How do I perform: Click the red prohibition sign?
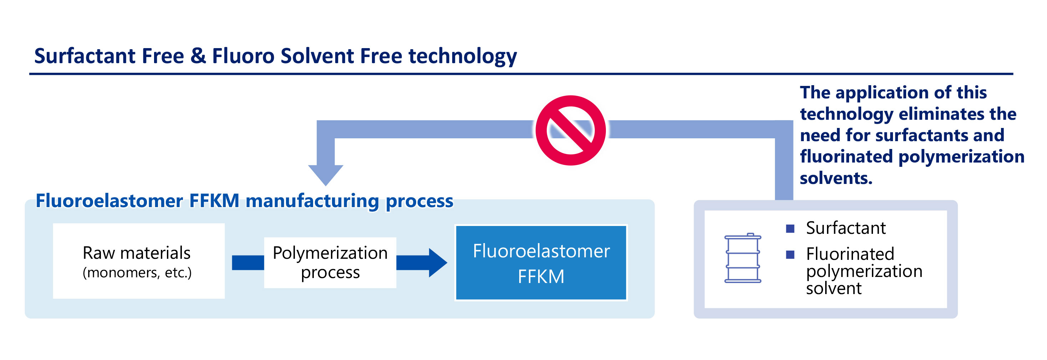tap(571, 130)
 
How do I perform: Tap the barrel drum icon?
tap(742, 258)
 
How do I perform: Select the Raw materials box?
tap(139, 261)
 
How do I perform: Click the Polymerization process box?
tap(330, 262)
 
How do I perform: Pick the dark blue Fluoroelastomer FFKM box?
tap(541, 262)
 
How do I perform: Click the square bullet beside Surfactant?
tap(790, 229)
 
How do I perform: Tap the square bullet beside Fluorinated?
tap(790, 254)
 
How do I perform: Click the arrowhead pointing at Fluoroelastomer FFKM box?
tap(438, 262)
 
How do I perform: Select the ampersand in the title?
tap(198, 56)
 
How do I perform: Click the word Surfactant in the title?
tap(85, 56)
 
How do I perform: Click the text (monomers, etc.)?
tap(137, 273)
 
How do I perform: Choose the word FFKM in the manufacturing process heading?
tap(214, 201)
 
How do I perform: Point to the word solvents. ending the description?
tap(836, 178)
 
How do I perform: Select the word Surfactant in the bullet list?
tap(846, 228)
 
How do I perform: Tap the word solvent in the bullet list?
tap(834, 288)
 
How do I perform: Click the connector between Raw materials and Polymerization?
tap(248, 262)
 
